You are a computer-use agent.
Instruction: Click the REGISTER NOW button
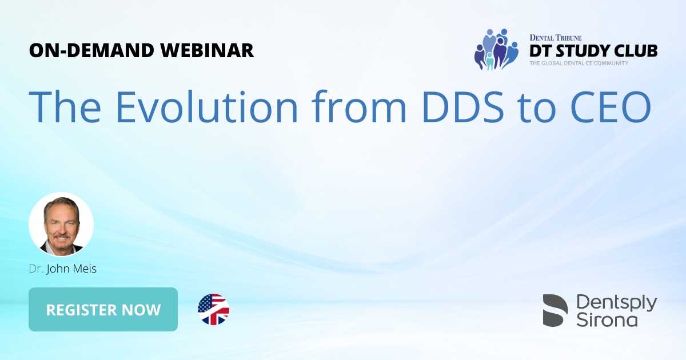103,310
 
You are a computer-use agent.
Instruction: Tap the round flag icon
213,310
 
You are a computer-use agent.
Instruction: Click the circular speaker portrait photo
61,224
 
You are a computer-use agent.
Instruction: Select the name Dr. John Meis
63,269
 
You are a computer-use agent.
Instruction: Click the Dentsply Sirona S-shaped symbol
555,310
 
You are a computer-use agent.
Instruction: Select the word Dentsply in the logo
617,303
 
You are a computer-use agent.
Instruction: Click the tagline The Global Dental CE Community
579,63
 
